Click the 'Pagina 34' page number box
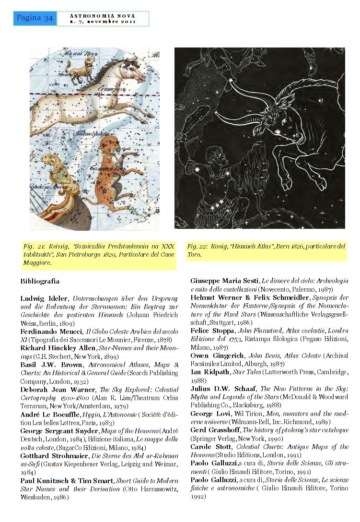(35, 18)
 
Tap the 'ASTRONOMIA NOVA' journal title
(103, 15)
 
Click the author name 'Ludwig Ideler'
(40, 298)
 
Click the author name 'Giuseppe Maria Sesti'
(224, 281)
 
